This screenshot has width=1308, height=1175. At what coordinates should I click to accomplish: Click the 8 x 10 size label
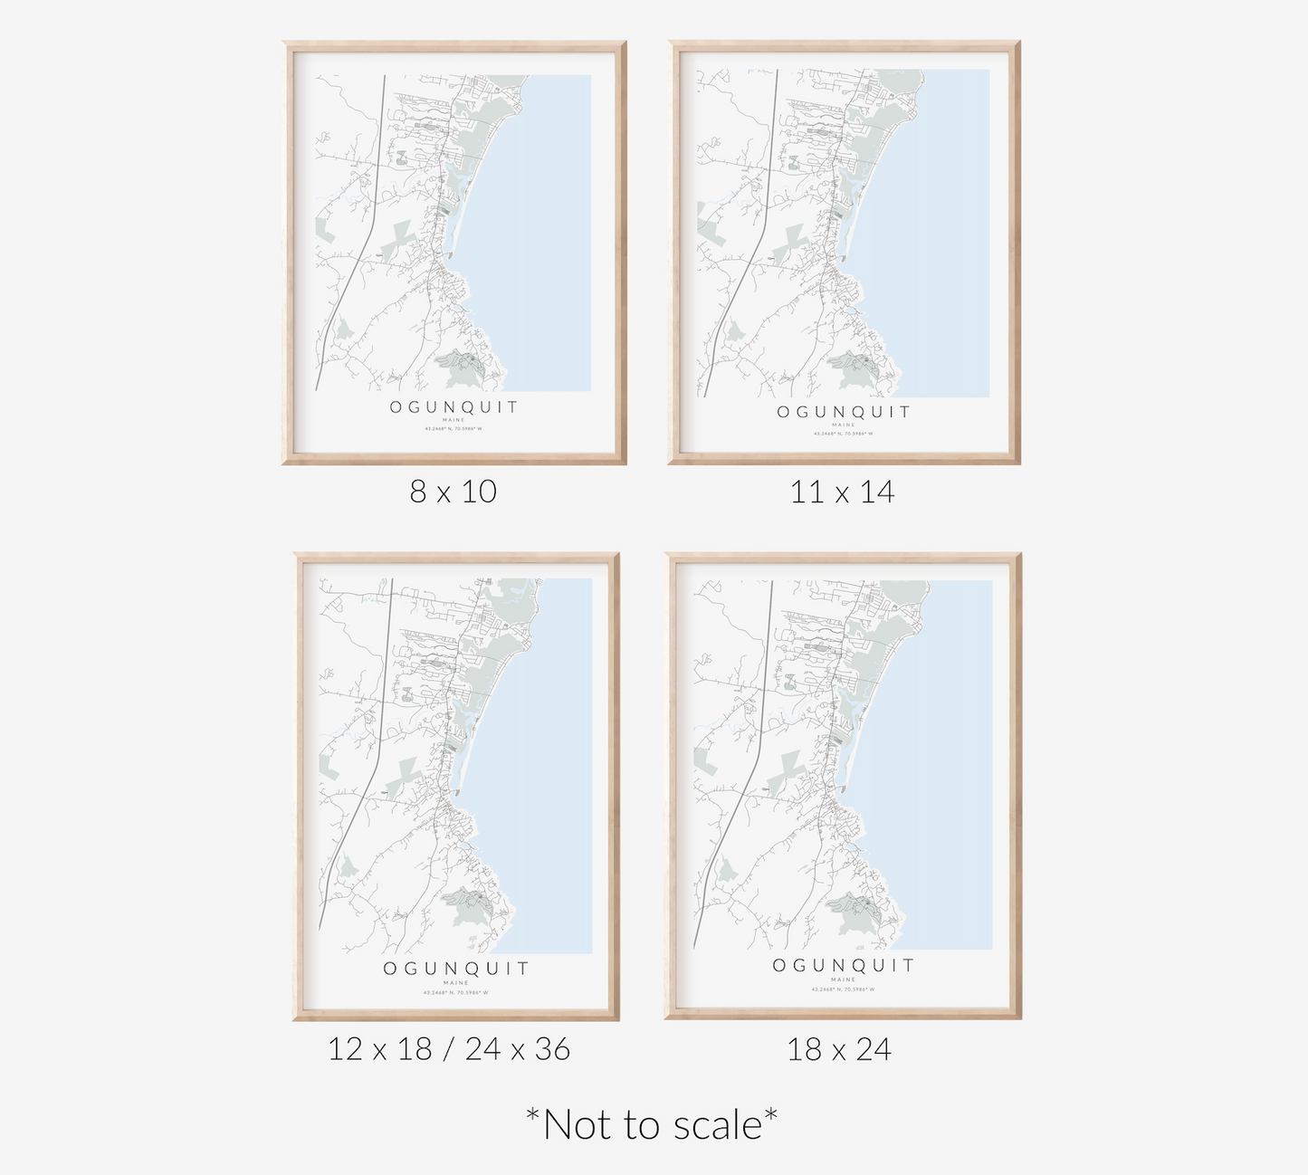point(453,492)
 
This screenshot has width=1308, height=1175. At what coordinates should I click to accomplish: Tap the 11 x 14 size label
point(842,492)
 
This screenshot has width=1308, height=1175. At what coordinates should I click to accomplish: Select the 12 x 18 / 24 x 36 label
point(449,1049)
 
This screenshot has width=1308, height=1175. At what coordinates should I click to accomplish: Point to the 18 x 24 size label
point(839,1049)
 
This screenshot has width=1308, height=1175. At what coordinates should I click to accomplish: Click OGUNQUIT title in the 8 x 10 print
point(454,407)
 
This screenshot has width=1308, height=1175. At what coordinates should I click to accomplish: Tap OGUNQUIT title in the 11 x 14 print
point(844,412)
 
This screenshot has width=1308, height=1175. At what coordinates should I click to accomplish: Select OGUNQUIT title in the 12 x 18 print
point(456,969)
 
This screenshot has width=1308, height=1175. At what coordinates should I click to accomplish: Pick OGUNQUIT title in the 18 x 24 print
point(844,965)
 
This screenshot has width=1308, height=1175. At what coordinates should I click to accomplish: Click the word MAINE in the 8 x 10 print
point(454,420)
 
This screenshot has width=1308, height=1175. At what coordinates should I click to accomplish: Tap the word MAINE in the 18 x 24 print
point(843,979)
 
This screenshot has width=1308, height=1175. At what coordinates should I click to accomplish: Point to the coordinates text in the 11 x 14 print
point(843,434)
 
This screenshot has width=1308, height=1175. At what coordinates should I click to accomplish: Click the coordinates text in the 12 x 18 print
point(455,992)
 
